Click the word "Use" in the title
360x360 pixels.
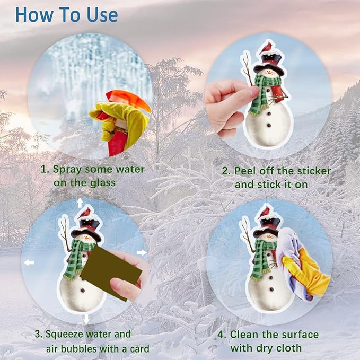102,15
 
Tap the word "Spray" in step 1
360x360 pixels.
67,170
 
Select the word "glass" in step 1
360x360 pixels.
103,183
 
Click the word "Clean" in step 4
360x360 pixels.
243,334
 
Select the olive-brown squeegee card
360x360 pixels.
111,272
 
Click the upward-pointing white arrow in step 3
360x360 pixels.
80,203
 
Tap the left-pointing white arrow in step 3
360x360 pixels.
29,262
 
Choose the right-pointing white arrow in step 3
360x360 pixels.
142,252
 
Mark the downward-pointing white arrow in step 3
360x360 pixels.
86,319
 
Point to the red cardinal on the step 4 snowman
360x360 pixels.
263,213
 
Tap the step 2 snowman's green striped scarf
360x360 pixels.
264,94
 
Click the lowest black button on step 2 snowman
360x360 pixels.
269,125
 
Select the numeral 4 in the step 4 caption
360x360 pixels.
221,335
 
